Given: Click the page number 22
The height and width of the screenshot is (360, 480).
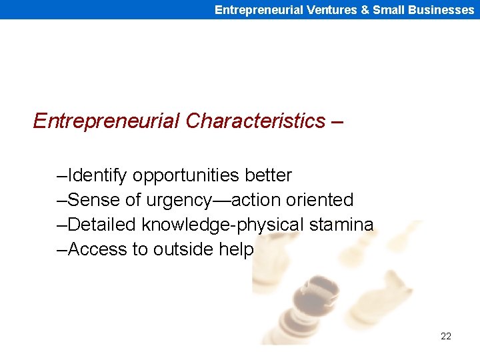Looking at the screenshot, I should (x=446, y=336).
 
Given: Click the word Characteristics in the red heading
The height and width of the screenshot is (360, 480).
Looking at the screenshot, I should (x=256, y=121).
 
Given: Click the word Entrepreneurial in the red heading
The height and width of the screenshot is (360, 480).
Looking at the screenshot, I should (x=106, y=121).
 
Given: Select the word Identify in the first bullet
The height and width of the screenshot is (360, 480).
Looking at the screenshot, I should (x=99, y=175).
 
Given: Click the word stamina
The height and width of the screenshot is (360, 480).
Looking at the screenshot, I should (x=341, y=225).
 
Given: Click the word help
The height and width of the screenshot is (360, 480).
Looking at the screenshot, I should (x=236, y=249).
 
